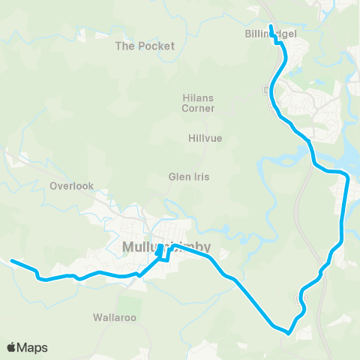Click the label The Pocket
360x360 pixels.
pos(145,46)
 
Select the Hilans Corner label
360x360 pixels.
pos(199,103)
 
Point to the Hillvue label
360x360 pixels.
pos(205,138)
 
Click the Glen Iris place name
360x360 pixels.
pos(188,177)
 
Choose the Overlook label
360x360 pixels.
pos(71,185)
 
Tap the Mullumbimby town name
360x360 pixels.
pos(166,246)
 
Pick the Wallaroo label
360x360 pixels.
pos(115,317)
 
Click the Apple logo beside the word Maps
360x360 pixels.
pos(13,347)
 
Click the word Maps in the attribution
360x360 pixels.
pos(34,347)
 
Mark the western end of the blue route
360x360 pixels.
pos(12,261)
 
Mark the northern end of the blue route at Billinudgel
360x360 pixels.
pos(271,27)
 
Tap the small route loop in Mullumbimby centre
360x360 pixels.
pos(162,254)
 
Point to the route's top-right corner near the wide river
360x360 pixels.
pos(346,175)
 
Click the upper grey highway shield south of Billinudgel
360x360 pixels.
pos(268,90)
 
